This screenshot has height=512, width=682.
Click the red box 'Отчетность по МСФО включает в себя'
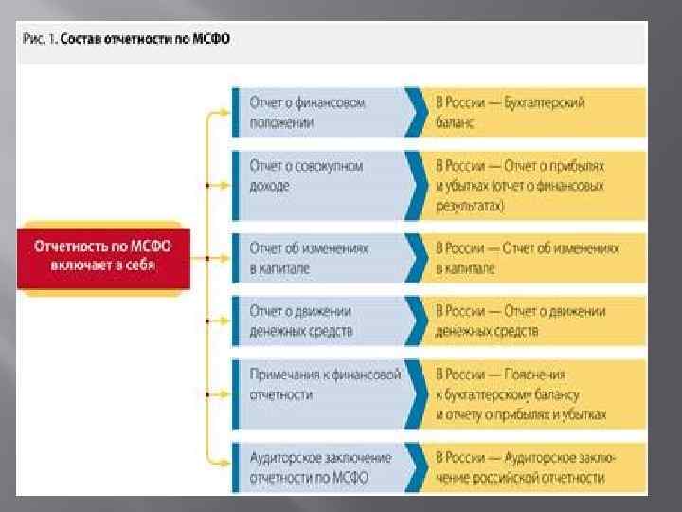pyautogui.click(x=102, y=255)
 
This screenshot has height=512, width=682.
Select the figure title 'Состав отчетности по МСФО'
pyautogui.click(x=152, y=41)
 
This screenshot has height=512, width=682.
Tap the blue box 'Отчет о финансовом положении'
pyautogui.click(x=317, y=112)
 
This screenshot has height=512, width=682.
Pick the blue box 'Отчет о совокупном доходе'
pyautogui.click(x=317, y=175)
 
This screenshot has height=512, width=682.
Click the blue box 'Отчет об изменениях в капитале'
pyautogui.click(x=317, y=257)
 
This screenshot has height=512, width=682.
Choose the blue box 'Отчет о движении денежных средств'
pyautogui.click(x=317, y=320)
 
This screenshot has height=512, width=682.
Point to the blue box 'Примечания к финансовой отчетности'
pyautogui.click(x=317, y=383)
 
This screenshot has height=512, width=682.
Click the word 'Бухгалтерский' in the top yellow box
pyautogui.click(x=548, y=102)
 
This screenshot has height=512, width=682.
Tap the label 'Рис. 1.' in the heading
pyautogui.click(x=40, y=41)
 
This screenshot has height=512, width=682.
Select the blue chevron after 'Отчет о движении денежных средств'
pyautogui.click(x=414, y=320)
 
